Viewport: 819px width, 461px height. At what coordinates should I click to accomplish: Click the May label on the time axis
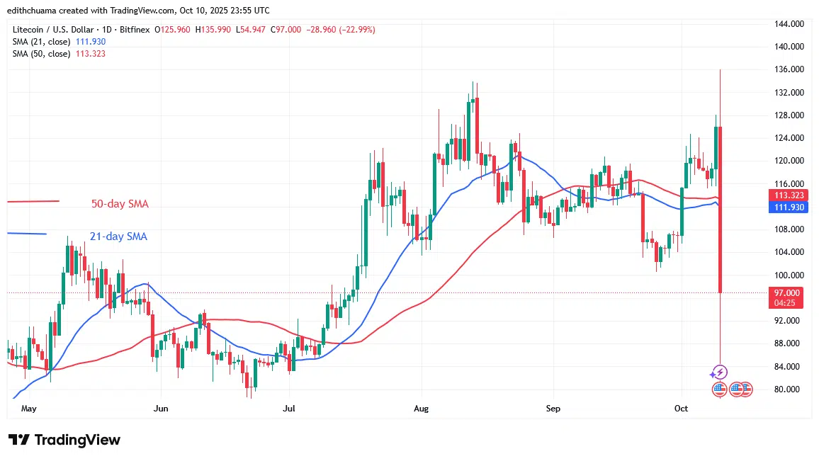29,409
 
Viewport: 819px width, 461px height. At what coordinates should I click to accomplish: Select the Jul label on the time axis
288,409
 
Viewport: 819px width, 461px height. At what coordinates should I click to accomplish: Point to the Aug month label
422,409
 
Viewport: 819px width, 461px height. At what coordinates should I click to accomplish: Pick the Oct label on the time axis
682,409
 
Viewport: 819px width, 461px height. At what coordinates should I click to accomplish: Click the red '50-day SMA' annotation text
120,204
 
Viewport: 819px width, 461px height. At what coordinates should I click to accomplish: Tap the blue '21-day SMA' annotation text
118,237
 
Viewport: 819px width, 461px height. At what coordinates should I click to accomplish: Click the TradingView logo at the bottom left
64,440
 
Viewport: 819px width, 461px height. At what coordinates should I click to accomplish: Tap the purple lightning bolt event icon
719,372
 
